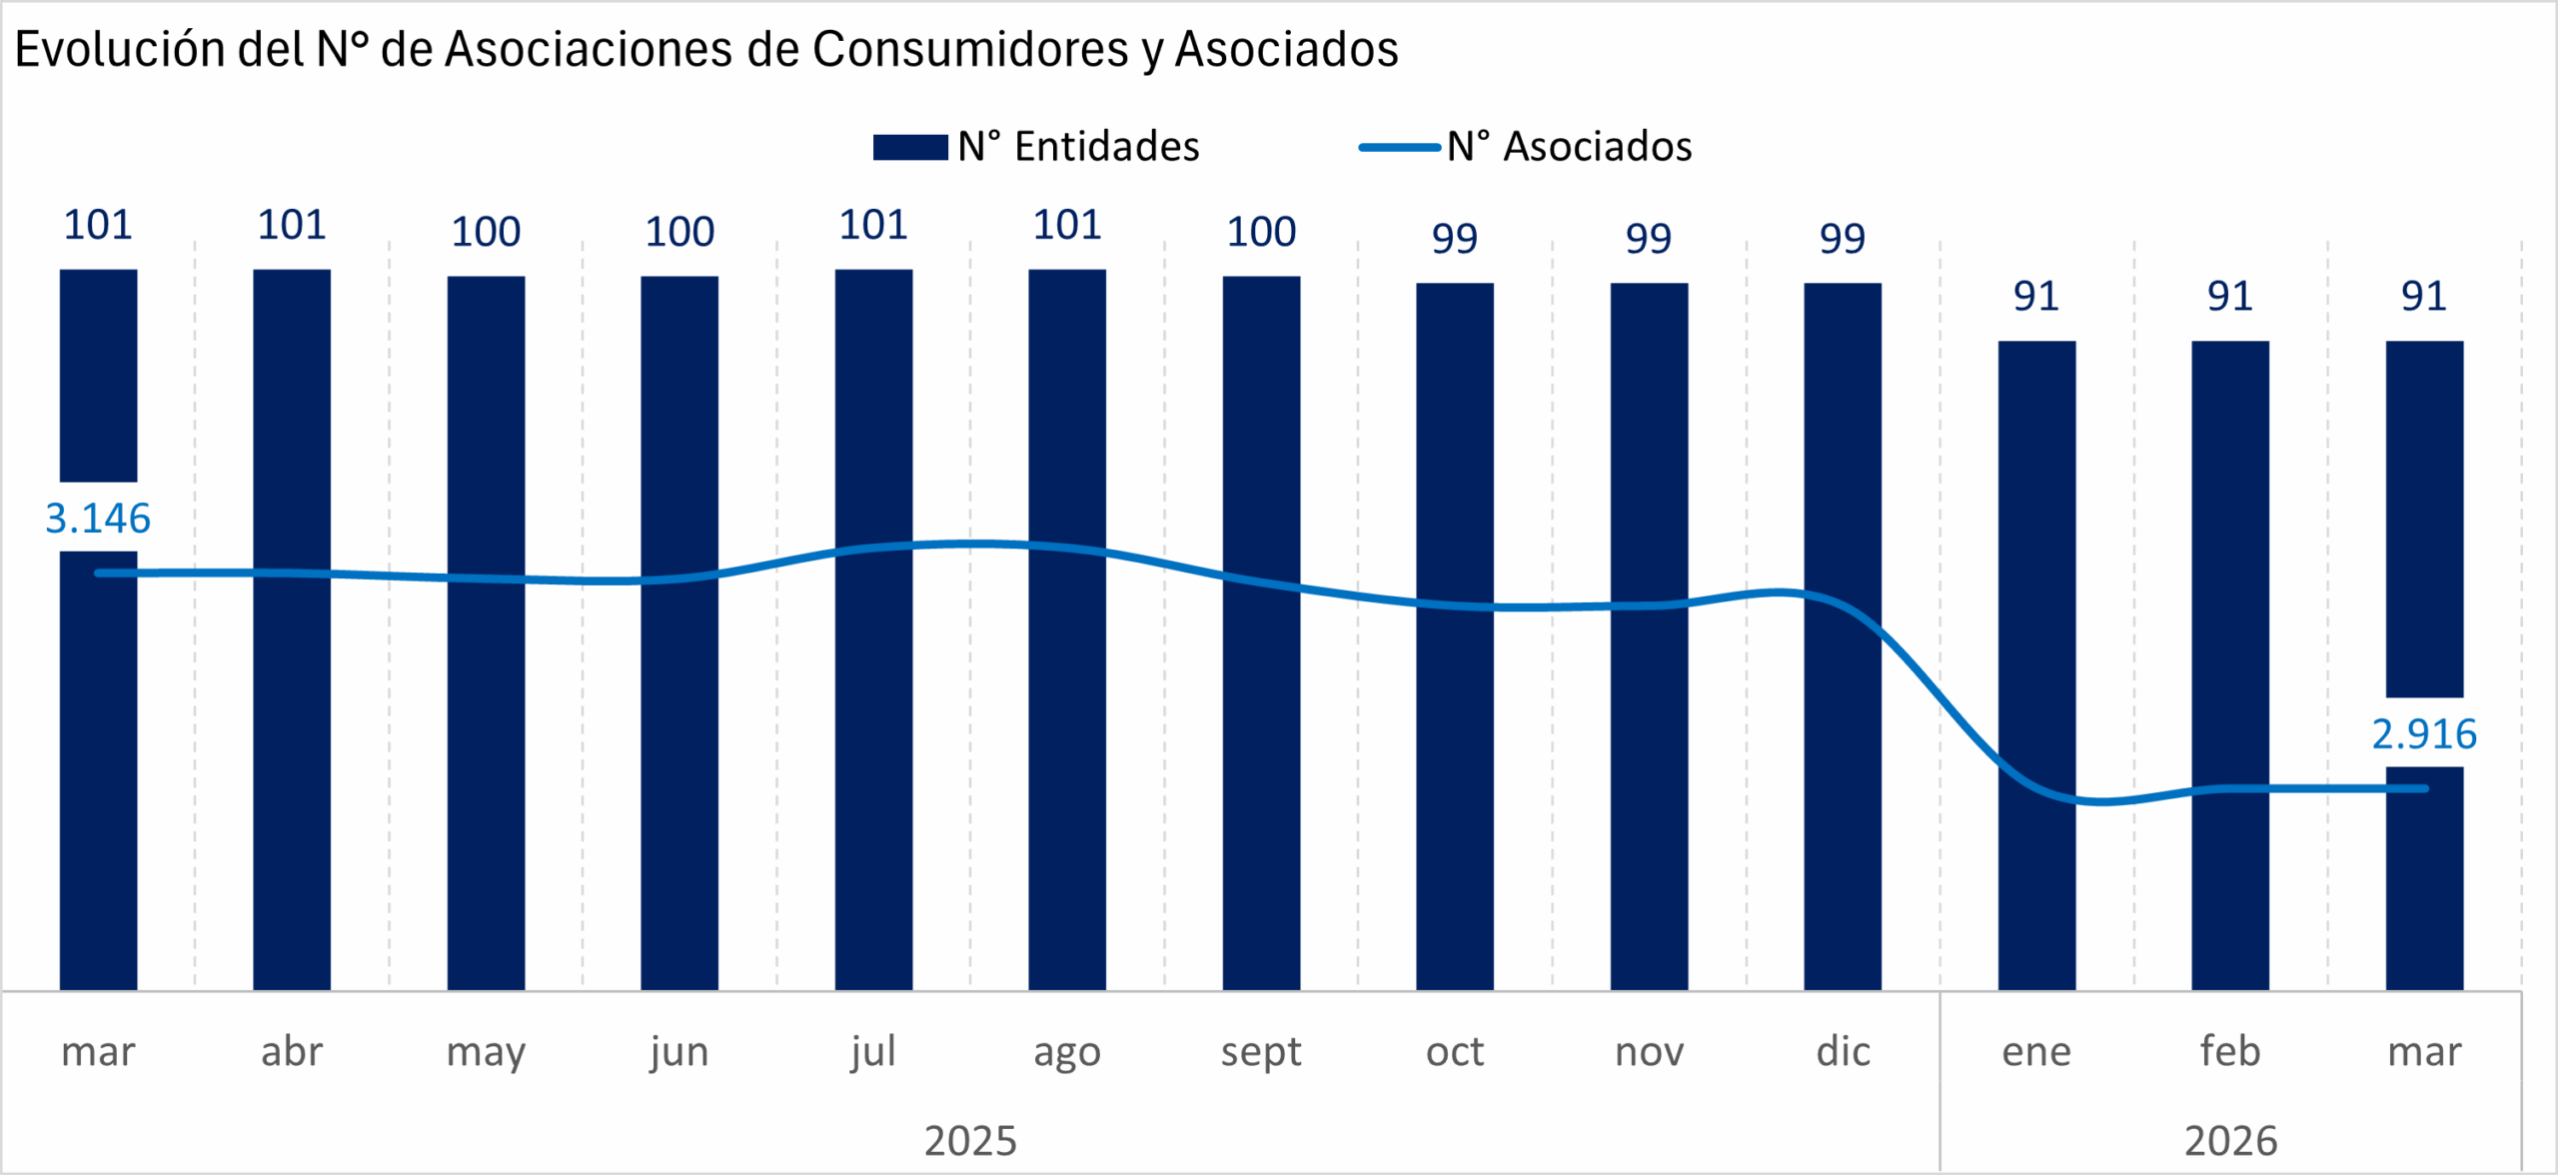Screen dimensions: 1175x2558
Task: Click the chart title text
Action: tap(705, 50)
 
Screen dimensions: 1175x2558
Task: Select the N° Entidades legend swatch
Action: tap(909, 148)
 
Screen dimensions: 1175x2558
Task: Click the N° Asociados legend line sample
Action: tap(1399, 148)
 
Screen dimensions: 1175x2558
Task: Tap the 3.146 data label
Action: tap(98, 519)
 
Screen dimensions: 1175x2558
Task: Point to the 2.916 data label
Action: tap(2424, 734)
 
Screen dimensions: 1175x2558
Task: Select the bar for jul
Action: tap(873, 699)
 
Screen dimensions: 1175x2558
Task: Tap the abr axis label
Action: tap(292, 1052)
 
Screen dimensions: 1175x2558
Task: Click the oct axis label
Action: tap(1455, 1052)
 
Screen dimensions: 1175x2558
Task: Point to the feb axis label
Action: tap(2230, 1052)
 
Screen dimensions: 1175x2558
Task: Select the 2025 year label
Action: tap(970, 1141)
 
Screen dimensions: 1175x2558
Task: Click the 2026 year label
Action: tap(2230, 1141)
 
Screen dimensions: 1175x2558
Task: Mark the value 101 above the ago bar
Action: tap(1067, 225)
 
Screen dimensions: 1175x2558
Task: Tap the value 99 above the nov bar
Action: tap(1649, 239)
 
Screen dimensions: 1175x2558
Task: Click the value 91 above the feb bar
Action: tap(2230, 297)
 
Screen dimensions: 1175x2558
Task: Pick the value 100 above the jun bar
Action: tap(679, 232)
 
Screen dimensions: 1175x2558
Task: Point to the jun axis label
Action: tap(679, 1052)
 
